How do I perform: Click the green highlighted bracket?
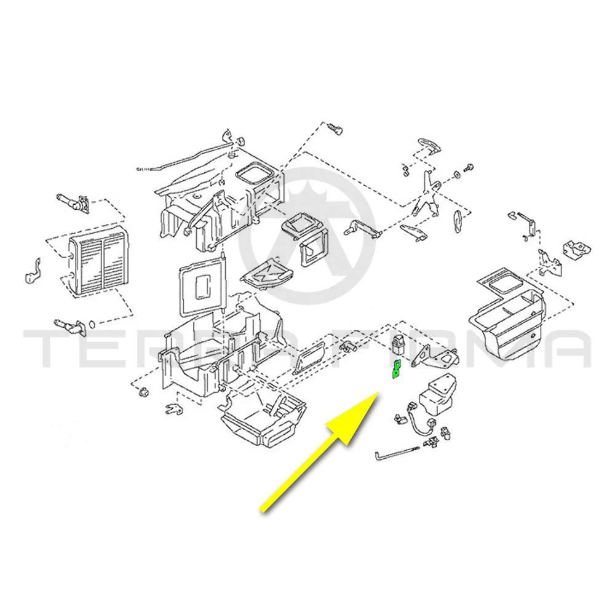coord(397,370)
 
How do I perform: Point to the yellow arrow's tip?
coord(378,392)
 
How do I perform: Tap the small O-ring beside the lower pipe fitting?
coord(92,324)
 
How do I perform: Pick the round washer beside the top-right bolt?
coord(457,174)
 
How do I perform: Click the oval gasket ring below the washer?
coord(458,221)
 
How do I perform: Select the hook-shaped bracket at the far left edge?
coord(33,270)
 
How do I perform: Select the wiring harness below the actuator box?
coord(422,425)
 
